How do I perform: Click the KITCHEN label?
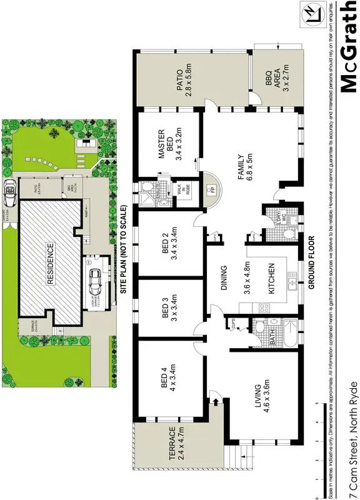[271, 279]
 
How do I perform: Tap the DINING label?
[223, 279]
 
